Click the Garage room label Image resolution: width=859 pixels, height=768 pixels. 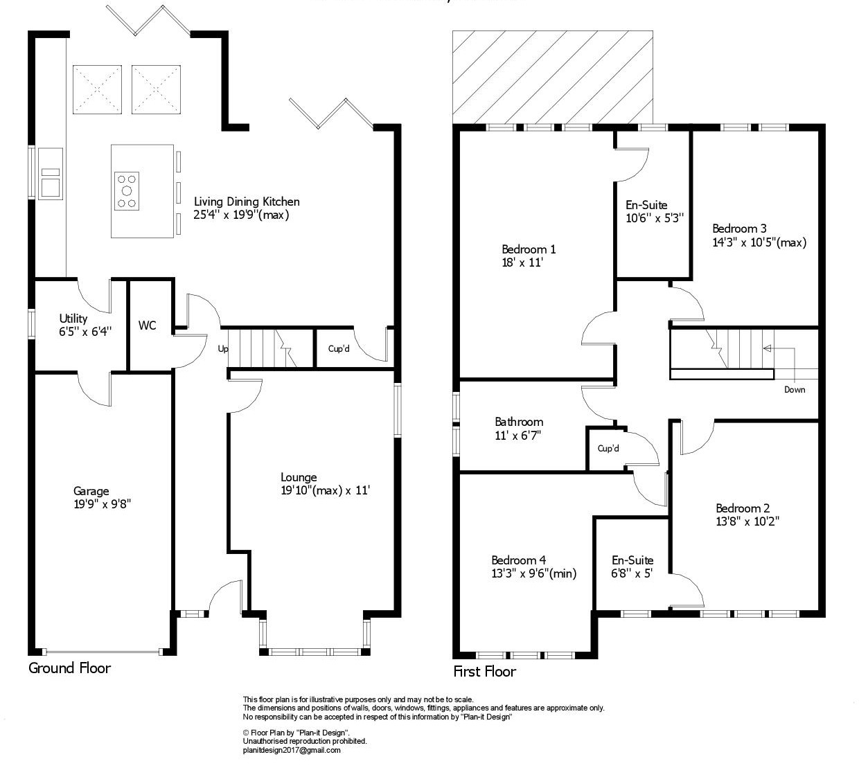click(91, 491)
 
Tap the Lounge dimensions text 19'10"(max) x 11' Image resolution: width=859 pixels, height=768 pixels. click(325, 491)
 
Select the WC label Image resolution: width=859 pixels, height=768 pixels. click(147, 325)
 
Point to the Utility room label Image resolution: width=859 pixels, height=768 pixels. click(73, 319)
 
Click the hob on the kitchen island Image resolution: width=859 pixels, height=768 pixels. click(126, 190)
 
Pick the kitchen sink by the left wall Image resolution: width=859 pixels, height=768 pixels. click(51, 174)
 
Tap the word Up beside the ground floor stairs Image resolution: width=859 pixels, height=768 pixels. click(223, 349)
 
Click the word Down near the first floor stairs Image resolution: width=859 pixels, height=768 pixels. click(795, 389)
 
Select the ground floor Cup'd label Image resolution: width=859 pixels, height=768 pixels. click(339, 348)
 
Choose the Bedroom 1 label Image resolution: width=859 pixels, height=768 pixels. click(529, 249)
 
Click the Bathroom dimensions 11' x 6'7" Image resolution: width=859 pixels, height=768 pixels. click(517, 436)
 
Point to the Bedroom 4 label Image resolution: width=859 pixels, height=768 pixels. click(519, 560)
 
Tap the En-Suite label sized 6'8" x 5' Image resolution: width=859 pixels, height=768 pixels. click(632, 560)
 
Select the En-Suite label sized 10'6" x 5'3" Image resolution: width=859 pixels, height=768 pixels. click(646, 205)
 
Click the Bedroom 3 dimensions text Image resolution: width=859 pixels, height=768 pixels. click(759, 242)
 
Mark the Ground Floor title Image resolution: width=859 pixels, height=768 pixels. click(69, 668)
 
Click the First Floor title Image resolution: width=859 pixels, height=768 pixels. click(485, 672)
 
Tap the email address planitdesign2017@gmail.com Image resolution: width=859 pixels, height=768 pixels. click(292, 750)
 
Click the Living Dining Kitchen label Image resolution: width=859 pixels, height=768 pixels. click(247, 202)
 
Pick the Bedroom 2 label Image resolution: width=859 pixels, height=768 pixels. click(743, 508)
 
